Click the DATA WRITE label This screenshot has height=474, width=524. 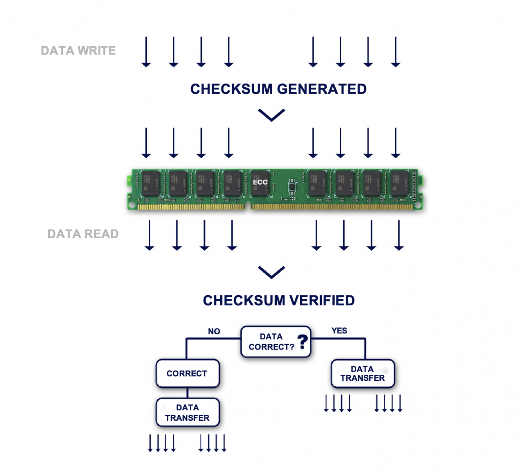[x=78, y=51]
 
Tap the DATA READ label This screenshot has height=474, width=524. [x=83, y=234]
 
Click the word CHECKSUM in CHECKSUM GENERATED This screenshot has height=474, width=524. [x=231, y=89]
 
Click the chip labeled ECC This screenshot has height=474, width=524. [x=260, y=182]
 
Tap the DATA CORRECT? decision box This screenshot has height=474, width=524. [x=275, y=342]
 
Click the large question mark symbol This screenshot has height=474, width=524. [x=303, y=341]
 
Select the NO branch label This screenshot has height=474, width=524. [x=214, y=331]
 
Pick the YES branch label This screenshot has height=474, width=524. [x=339, y=331]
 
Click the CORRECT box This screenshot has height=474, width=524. [x=187, y=373]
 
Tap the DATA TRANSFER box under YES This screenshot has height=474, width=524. [x=363, y=373]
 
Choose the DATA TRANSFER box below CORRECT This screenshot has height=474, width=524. [x=187, y=412]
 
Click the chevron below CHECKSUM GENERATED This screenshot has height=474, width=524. [x=271, y=115]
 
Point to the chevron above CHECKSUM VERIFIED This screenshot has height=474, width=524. [x=271, y=272]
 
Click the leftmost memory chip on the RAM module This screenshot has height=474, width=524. [x=151, y=183]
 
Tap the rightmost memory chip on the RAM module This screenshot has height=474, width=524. [x=399, y=183]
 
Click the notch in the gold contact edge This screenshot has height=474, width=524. [x=248, y=205]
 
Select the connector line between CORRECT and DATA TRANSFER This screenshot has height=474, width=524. [x=187, y=393]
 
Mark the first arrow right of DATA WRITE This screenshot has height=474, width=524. [x=146, y=52]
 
